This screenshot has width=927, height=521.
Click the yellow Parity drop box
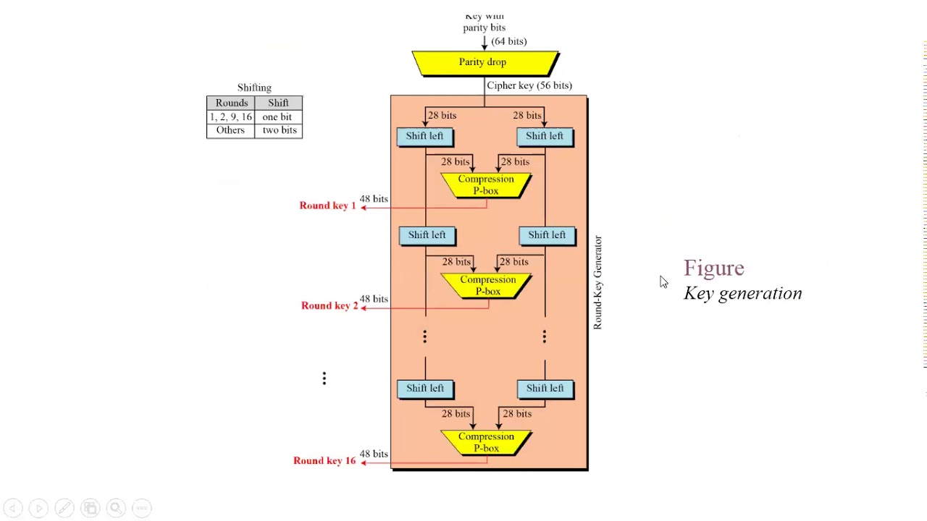coord(484,63)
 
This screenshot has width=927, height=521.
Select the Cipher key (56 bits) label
coord(529,85)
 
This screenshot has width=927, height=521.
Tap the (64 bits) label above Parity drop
coord(508,41)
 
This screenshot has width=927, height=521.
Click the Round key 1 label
coord(327,206)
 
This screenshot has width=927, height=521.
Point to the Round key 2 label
coord(329,305)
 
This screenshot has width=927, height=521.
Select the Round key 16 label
coord(324,460)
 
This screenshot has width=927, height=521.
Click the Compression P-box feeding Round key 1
coord(485,185)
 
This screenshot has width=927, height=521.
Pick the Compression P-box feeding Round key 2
coord(487,285)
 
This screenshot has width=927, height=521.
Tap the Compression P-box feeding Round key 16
coord(485,442)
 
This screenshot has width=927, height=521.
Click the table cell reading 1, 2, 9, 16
coord(231,117)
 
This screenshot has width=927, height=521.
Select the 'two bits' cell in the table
coord(279,130)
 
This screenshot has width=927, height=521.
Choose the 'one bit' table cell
coord(277,117)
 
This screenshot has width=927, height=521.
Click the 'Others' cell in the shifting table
coord(230,130)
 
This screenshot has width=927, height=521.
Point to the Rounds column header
coord(231,103)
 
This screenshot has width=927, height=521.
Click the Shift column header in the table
coord(278,103)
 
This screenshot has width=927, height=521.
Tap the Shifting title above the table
coord(254,88)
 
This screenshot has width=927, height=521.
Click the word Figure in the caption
coord(713,268)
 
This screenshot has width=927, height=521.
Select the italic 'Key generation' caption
coord(742,293)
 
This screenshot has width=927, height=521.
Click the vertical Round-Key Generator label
coord(597,282)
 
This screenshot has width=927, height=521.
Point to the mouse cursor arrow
coord(663,281)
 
